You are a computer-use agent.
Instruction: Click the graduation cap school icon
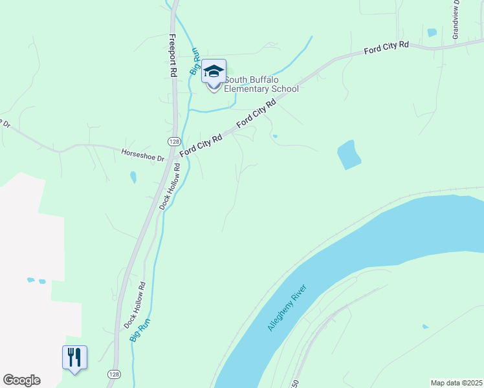214,72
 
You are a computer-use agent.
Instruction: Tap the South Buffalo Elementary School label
261,84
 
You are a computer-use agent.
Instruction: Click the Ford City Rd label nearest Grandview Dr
386,47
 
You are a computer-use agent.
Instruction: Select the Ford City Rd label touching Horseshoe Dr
201,145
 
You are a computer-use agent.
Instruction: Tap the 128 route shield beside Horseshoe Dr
173,141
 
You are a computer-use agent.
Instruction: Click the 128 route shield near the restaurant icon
114,374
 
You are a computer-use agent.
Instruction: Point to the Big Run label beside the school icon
193,61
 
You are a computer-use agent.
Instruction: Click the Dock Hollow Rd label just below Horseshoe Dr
168,188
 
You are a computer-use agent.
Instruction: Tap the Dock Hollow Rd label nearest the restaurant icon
133,305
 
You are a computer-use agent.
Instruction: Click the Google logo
21,380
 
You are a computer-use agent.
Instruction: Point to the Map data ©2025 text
456,383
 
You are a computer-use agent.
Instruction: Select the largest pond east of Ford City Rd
349,155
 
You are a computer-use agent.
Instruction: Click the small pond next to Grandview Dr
432,32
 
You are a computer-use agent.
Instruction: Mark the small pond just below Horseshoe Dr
133,177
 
